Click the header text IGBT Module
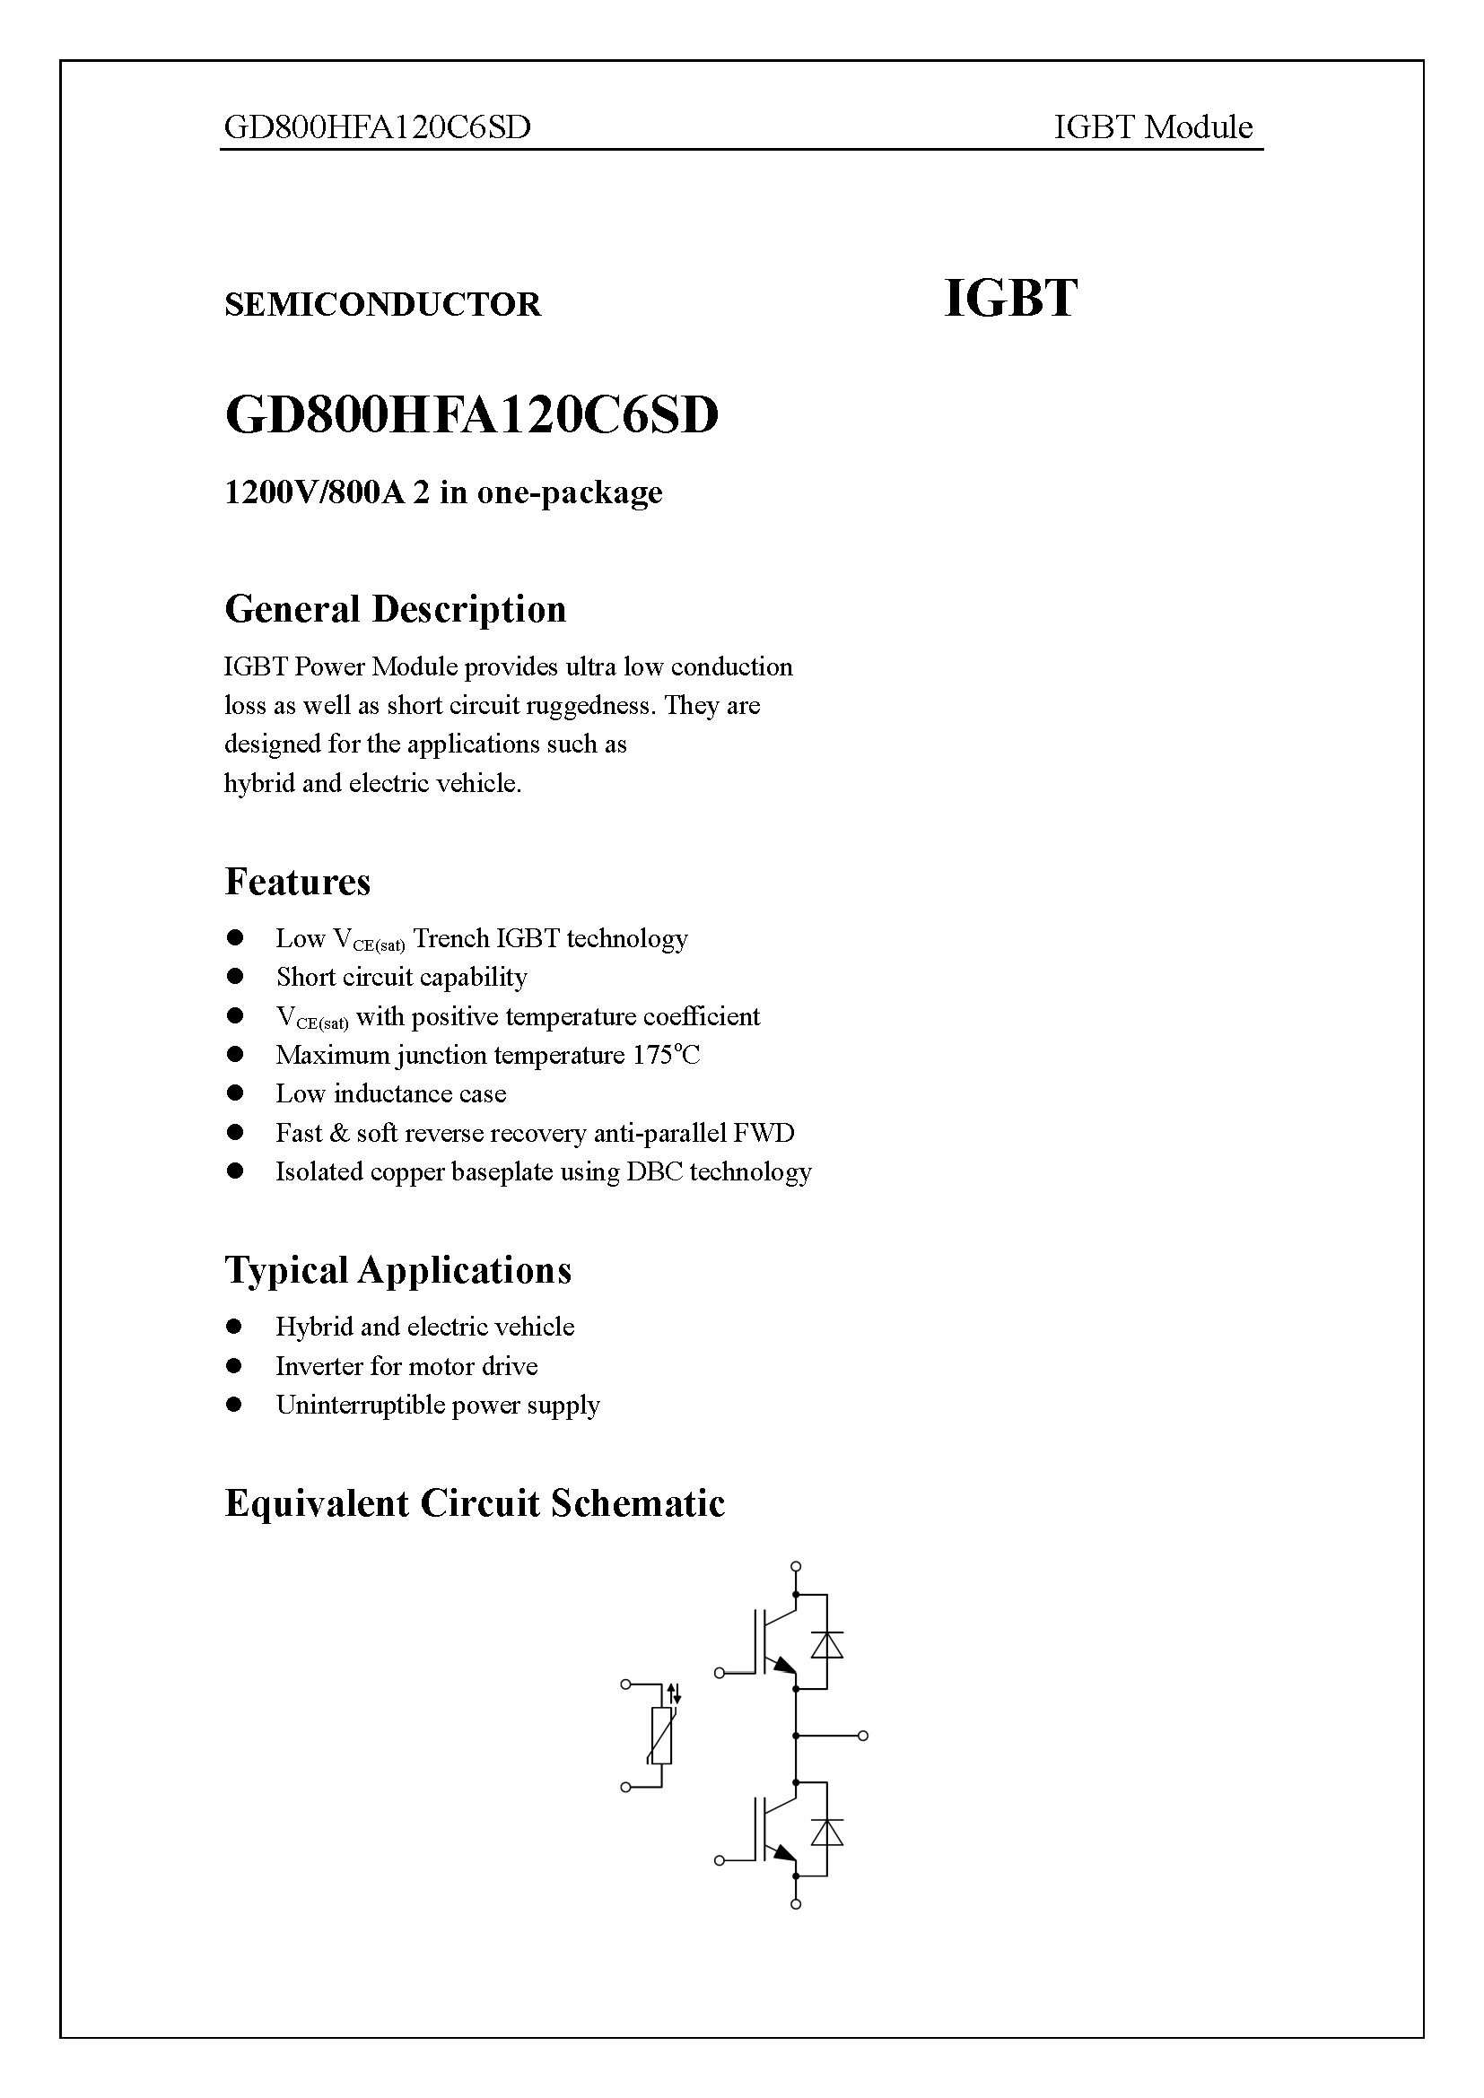point(1152,127)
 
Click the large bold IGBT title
point(1009,299)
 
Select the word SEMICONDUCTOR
point(382,304)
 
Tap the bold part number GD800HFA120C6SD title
point(472,416)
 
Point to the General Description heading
point(395,609)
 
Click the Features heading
point(297,882)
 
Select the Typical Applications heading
point(397,1270)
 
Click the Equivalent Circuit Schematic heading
point(475,1503)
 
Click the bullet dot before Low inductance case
point(235,1093)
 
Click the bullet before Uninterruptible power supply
point(235,1405)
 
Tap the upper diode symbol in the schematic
point(827,1645)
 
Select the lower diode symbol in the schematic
point(827,1832)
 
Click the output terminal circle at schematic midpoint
point(862,1736)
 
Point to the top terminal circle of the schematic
point(796,1566)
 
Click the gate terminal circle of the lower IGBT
point(720,1860)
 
